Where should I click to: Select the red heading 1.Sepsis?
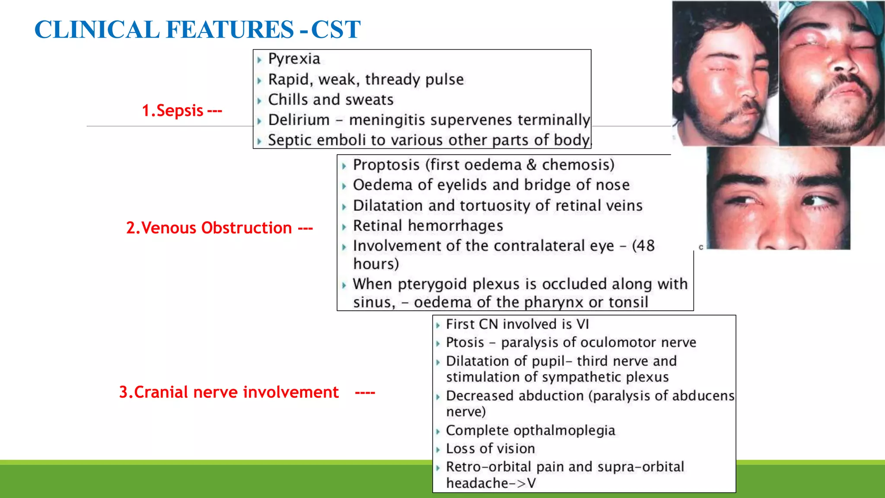point(173,111)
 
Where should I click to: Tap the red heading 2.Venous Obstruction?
point(209,228)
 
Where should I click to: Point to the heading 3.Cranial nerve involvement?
point(229,392)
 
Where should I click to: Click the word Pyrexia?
point(294,59)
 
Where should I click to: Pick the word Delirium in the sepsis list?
point(299,120)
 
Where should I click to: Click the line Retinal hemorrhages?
point(428,226)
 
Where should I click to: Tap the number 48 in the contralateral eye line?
point(646,246)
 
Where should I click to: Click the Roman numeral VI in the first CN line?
point(582,324)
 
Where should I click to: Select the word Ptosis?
point(465,342)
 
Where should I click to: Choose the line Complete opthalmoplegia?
point(530,431)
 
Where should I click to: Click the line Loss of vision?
point(490,449)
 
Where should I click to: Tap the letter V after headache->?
point(531,483)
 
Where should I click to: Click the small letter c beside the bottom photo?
point(701,247)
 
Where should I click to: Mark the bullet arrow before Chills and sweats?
point(259,101)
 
